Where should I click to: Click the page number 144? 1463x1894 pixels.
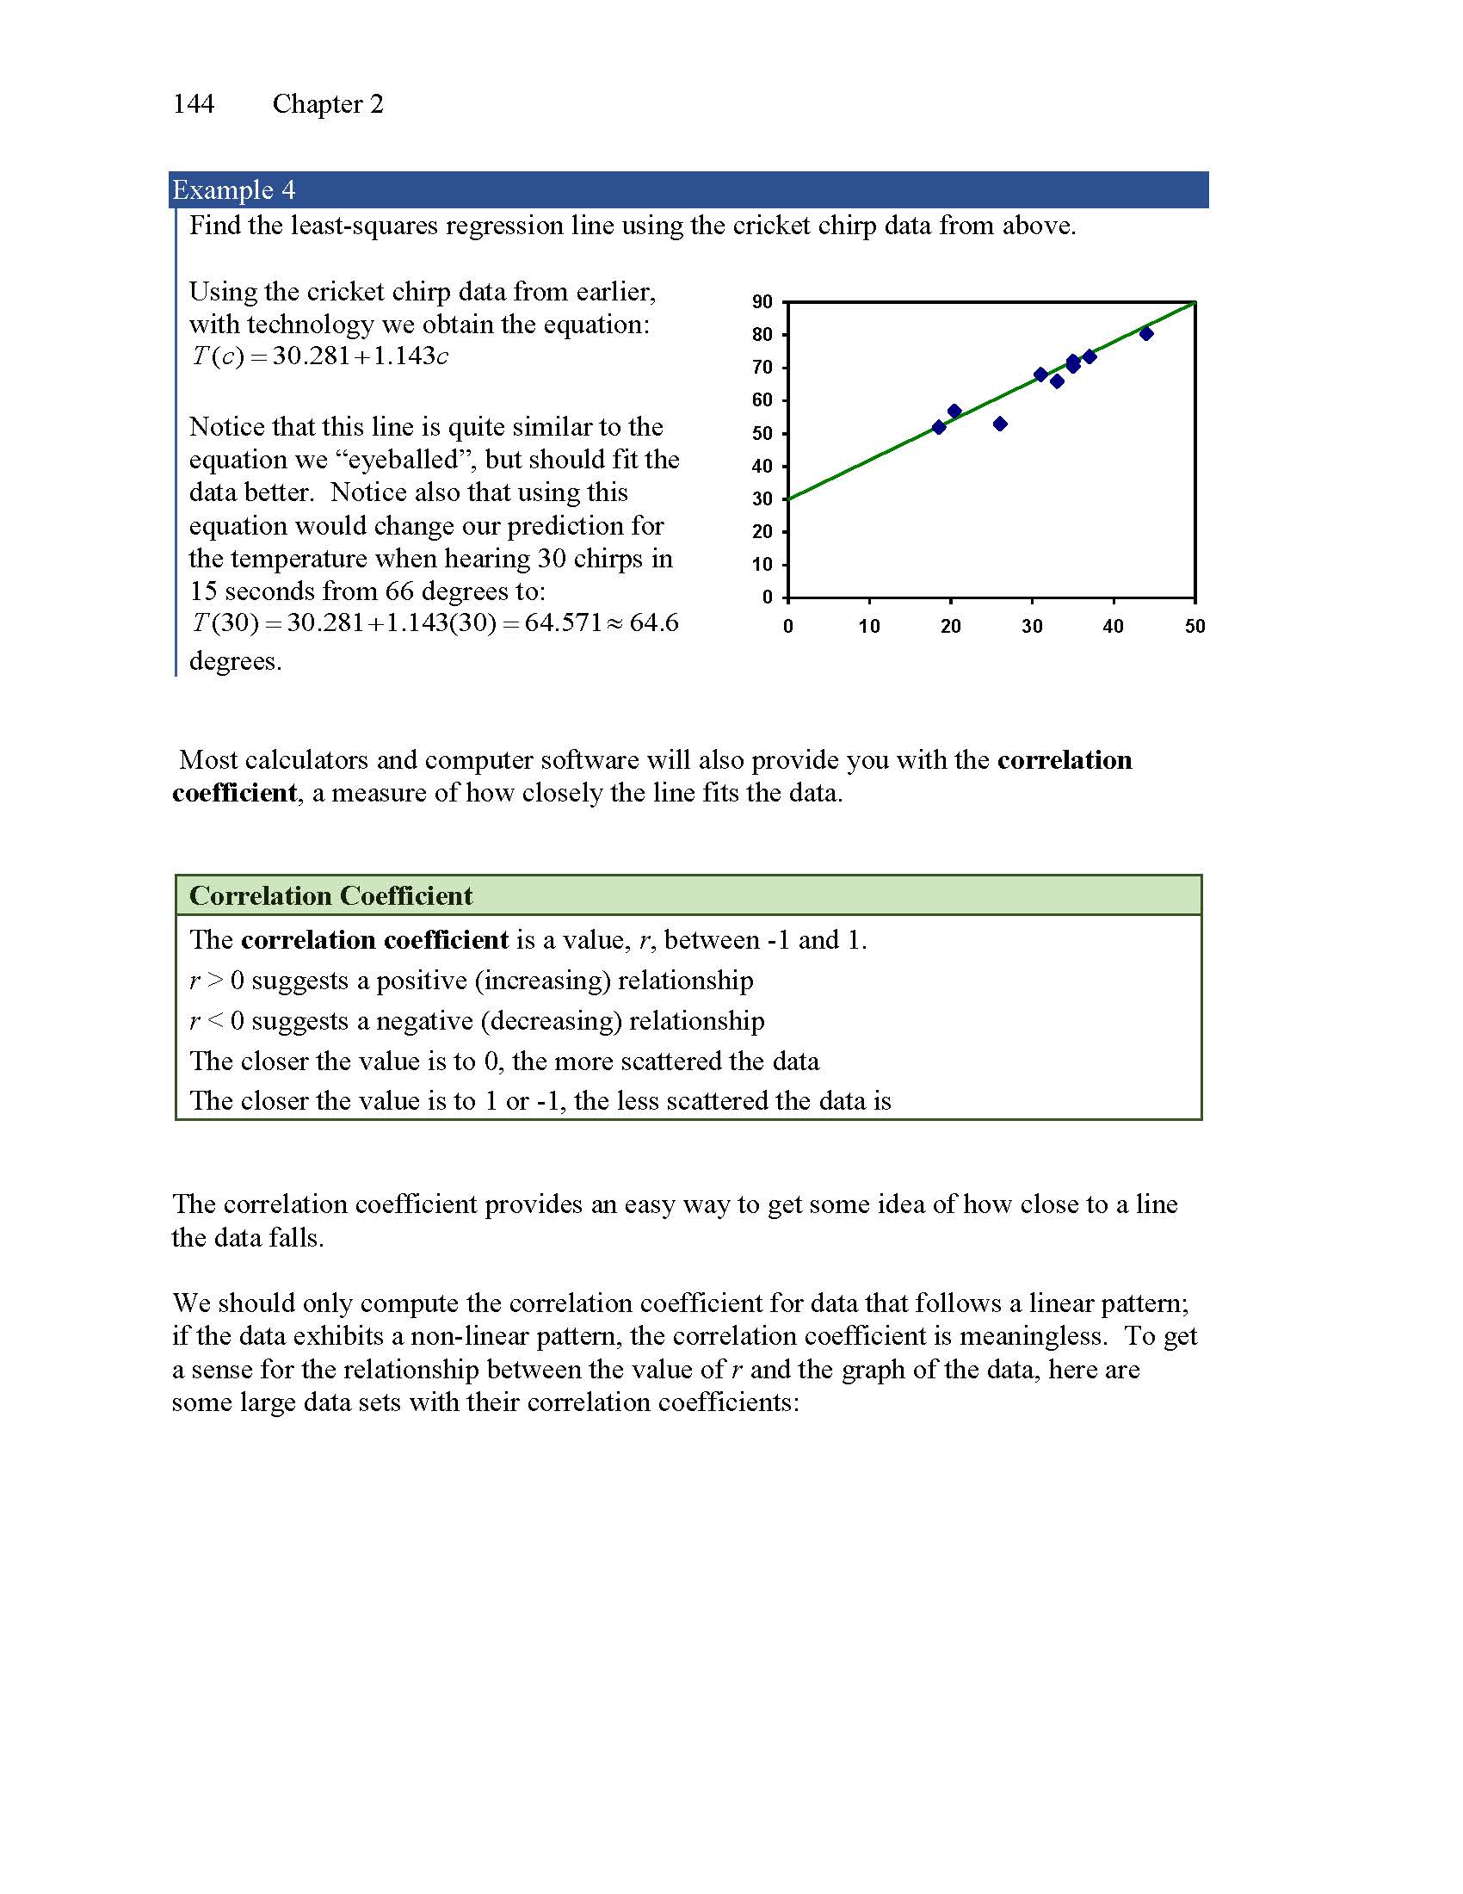coord(194,104)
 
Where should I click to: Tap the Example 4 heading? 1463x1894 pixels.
coord(234,190)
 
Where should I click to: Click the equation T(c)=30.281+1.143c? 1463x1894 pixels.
coord(320,356)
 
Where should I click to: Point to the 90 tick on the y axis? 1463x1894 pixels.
coord(762,302)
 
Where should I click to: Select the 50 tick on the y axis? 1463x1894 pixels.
coord(762,433)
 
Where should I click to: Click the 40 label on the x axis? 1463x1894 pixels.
coord(1113,626)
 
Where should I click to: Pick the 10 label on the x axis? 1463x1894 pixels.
coord(868,626)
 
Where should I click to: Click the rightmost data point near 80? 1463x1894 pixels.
coord(1145,333)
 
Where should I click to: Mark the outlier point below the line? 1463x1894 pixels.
coord(999,424)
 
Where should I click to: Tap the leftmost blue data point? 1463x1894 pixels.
coord(939,427)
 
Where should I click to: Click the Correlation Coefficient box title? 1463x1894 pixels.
coord(331,896)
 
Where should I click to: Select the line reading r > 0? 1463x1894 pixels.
coord(471,981)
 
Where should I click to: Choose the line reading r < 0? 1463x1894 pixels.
coord(477,1021)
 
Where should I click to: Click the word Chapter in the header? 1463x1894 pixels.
coord(317,104)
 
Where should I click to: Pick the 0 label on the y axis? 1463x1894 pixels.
coord(767,597)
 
